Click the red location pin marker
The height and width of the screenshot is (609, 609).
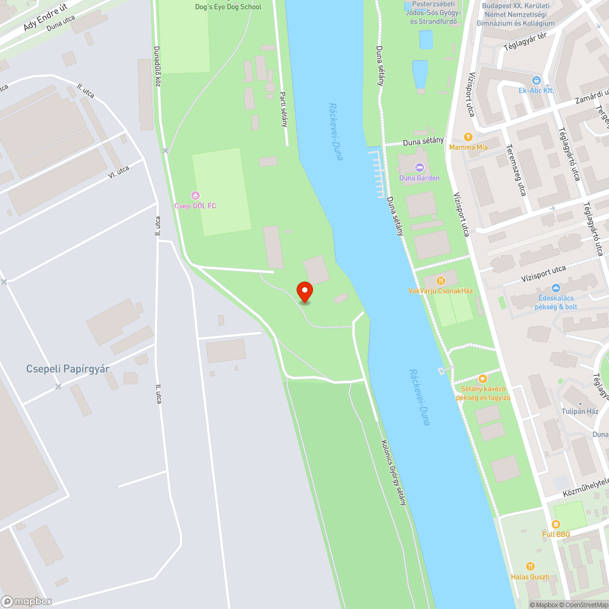pyautogui.click(x=304, y=292)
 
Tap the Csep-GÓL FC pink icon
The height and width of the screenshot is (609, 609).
pyautogui.click(x=195, y=195)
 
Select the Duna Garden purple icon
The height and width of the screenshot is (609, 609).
pyautogui.click(x=419, y=167)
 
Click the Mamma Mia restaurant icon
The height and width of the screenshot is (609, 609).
pyautogui.click(x=468, y=137)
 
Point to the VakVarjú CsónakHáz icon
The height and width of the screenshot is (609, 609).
pyautogui.click(x=440, y=280)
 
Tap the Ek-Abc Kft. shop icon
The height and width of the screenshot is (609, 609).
pyautogui.click(x=536, y=80)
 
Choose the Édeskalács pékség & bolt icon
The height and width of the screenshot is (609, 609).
pyautogui.click(x=555, y=288)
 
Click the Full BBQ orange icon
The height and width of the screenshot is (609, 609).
pyautogui.click(x=555, y=524)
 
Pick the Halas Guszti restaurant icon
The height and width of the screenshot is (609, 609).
pyautogui.click(x=530, y=566)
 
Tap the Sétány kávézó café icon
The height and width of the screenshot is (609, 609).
pyautogui.click(x=483, y=379)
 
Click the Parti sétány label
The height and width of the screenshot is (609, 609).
pyautogui.click(x=283, y=108)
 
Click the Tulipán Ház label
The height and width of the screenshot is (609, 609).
pyautogui.click(x=580, y=411)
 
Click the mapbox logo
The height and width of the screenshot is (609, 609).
pyautogui.click(x=27, y=600)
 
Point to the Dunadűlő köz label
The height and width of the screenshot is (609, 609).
pyautogui.click(x=157, y=66)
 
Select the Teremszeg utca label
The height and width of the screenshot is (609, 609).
pyautogui.click(x=517, y=170)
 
